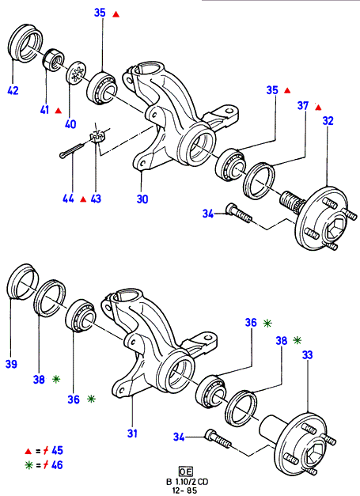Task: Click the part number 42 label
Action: [x=13, y=90]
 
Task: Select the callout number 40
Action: [x=70, y=123]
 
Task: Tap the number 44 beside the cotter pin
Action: [x=68, y=199]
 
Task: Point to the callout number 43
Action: [x=96, y=199]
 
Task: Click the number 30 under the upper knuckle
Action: [x=142, y=199]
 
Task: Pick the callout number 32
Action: [x=328, y=120]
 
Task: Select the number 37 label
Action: [x=303, y=105]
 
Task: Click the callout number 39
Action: [x=11, y=364]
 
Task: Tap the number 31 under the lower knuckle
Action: [x=132, y=433]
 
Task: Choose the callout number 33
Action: [x=307, y=354]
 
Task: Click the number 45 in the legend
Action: [x=57, y=450]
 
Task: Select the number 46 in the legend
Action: [x=57, y=464]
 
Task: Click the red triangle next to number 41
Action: [x=59, y=111]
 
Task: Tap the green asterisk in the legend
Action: [x=29, y=465]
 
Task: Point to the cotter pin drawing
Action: [x=72, y=150]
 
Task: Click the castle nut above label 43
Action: [x=98, y=137]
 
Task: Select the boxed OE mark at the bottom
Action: [x=185, y=471]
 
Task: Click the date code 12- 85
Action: [x=184, y=490]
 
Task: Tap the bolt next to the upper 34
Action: [x=239, y=213]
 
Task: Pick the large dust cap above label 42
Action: [x=25, y=43]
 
